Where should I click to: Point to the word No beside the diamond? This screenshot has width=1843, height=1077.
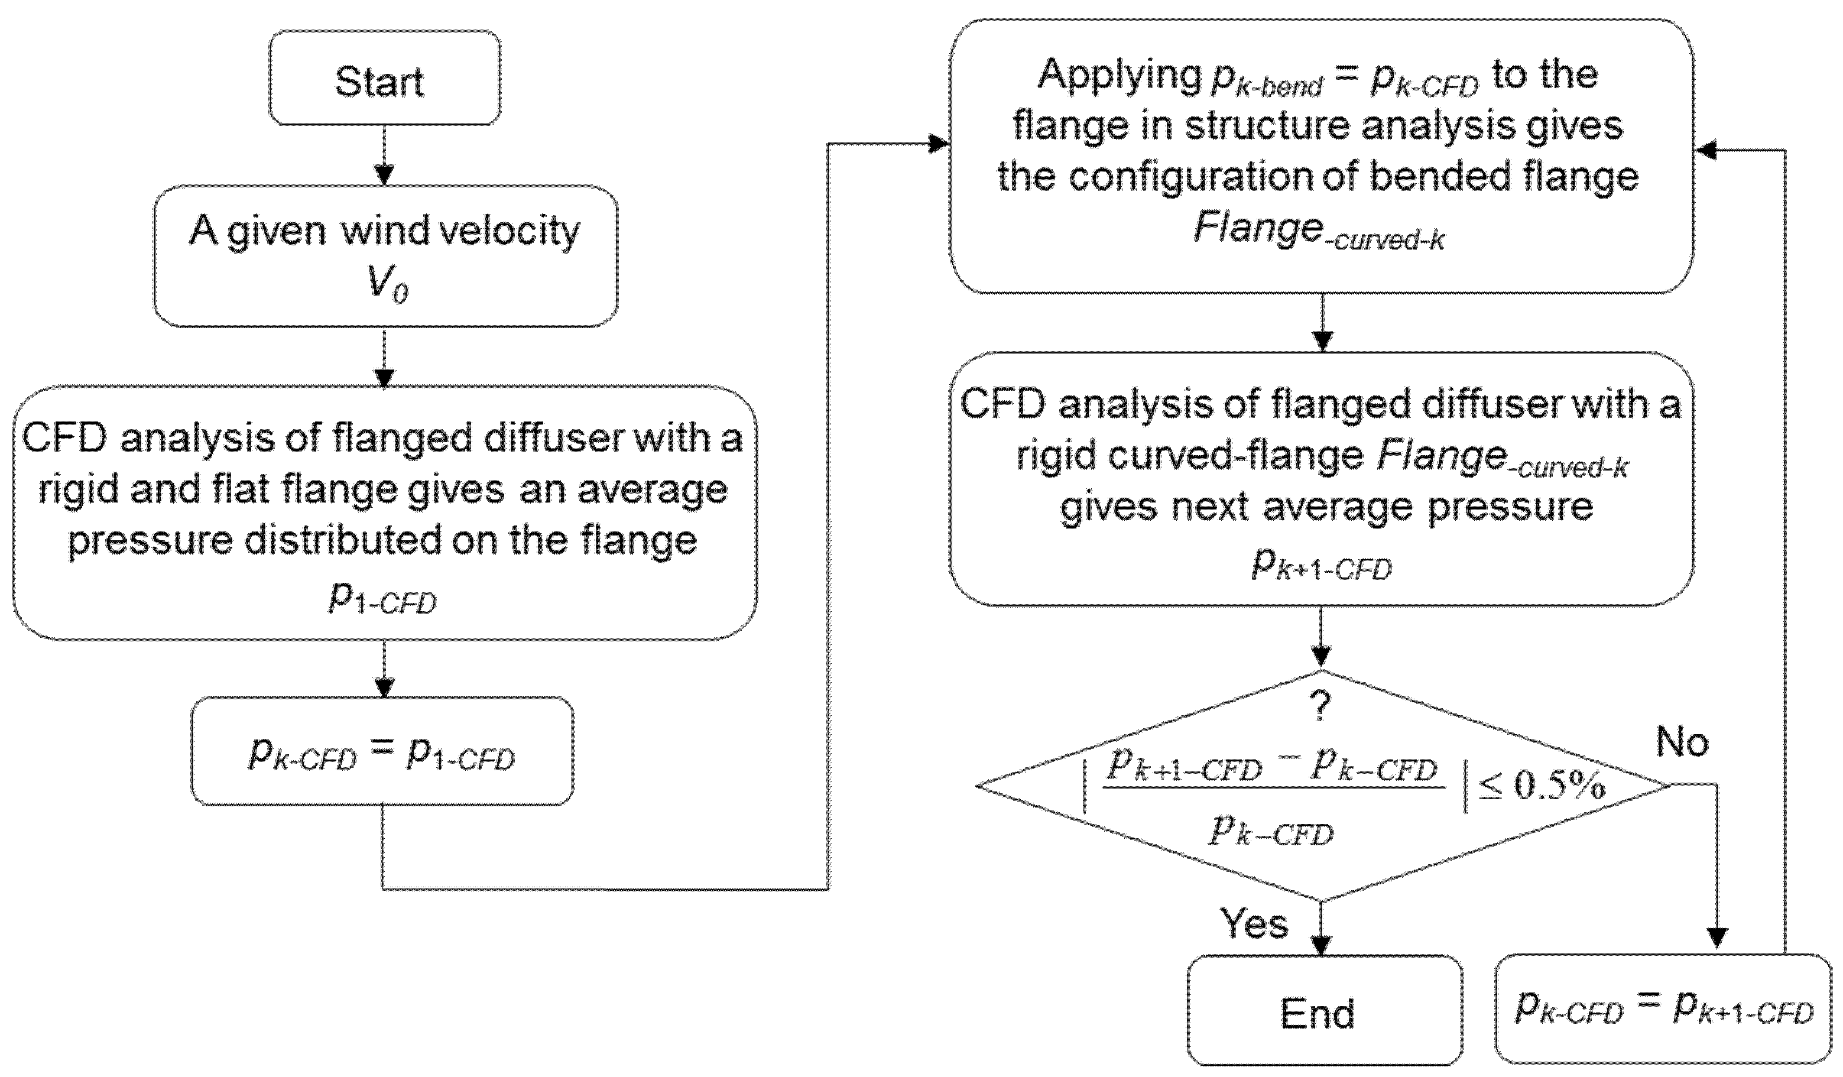[1682, 742]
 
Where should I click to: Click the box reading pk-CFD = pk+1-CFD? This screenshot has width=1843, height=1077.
[1662, 1009]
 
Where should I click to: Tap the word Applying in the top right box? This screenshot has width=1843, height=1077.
[1120, 74]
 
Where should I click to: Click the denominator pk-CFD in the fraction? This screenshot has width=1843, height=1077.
[1271, 831]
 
